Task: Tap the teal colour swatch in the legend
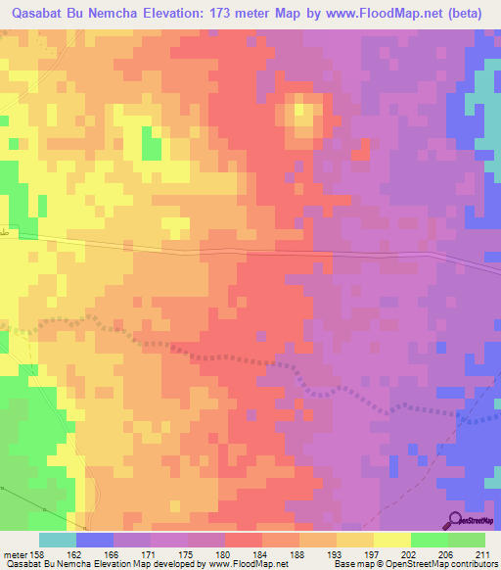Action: (58, 540)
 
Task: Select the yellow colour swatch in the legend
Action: (392, 540)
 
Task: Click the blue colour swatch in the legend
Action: (95, 540)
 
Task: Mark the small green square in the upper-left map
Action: (151, 146)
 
